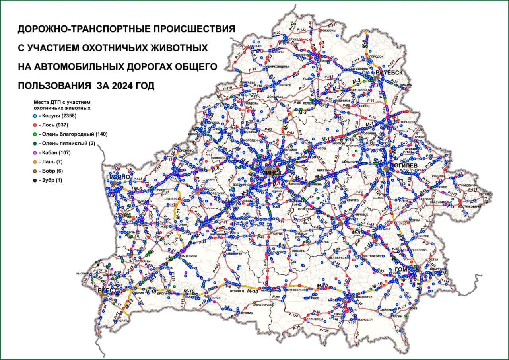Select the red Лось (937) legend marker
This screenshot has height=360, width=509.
point(35,125)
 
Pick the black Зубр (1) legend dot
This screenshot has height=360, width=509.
point(35,180)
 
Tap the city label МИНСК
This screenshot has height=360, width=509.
point(272,173)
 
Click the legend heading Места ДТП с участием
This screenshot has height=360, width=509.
point(62,102)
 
